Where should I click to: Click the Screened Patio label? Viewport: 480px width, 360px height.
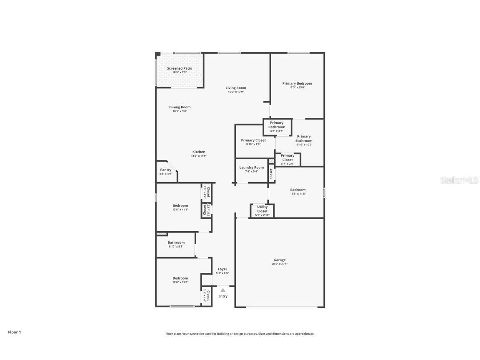tap(180, 68)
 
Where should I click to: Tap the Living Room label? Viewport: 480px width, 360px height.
tap(236, 88)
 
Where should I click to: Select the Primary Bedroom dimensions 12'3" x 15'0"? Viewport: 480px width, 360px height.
tap(297, 87)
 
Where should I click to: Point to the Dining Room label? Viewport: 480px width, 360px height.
tap(180, 107)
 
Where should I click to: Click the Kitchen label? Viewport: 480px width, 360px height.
tap(199, 152)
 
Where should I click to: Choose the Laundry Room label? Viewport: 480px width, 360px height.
tap(252, 167)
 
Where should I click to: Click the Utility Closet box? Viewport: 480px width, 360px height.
tap(262, 211)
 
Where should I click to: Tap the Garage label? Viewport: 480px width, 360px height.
tap(280, 260)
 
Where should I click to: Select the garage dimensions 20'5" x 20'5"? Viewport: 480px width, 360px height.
tap(280, 264)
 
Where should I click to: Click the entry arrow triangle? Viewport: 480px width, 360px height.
tap(223, 290)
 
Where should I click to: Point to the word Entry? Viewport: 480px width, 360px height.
tap(223, 296)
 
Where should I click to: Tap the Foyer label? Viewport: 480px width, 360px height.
tap(222, 269)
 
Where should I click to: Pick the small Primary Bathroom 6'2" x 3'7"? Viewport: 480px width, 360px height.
tap(277, 126)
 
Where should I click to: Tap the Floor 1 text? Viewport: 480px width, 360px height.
tap(14, 332)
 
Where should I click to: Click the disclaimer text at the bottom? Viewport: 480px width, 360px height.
tap(240, 334)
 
